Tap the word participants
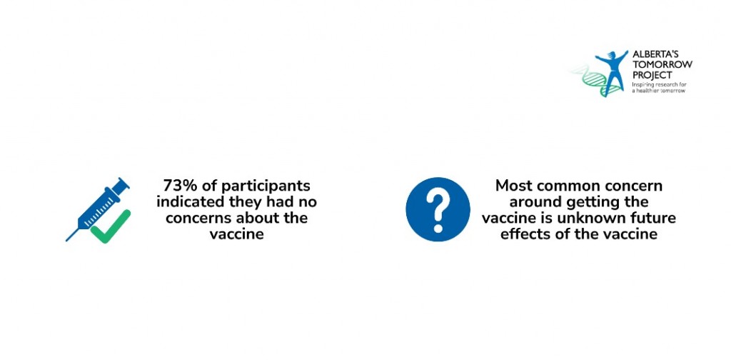point(266,186)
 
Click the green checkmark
point(111,227)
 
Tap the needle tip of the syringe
point(66,241)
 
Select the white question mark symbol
point(438,210)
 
